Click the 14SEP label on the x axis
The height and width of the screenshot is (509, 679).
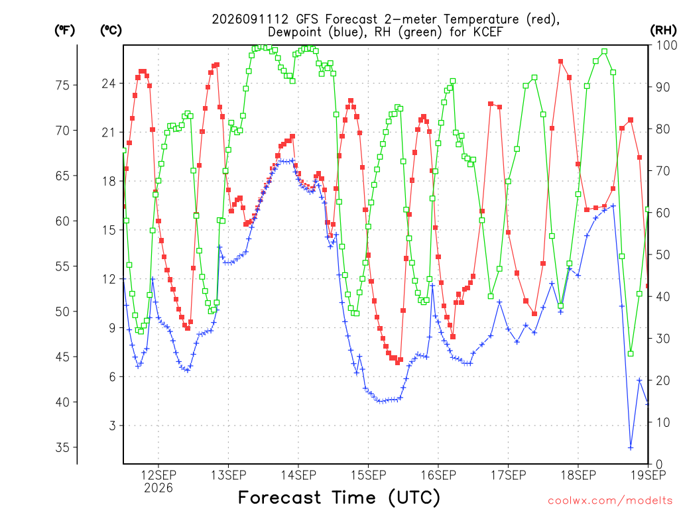(298, 475)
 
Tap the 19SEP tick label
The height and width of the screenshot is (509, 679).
(648, 475)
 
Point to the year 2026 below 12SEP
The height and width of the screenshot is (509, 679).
(158, 488)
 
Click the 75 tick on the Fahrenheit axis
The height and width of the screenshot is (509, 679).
(62, 85)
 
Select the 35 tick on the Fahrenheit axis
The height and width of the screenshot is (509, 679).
(62, 447)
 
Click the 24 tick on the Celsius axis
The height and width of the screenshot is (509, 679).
(109, 83)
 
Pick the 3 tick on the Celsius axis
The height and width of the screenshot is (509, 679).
(113, 426)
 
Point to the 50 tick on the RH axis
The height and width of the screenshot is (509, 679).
(663, 254)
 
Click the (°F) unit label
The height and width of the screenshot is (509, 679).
(64, 30)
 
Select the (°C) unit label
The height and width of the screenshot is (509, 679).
(111, 30)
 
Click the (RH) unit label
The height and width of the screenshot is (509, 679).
(663, 30)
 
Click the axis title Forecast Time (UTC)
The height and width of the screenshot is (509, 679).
(339, 498)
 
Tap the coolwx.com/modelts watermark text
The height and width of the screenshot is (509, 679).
(610, 501)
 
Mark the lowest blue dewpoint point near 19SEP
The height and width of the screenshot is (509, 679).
(631, 447)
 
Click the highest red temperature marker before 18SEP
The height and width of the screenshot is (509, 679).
(561, 62)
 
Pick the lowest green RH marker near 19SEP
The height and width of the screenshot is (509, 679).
(631, 354)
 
